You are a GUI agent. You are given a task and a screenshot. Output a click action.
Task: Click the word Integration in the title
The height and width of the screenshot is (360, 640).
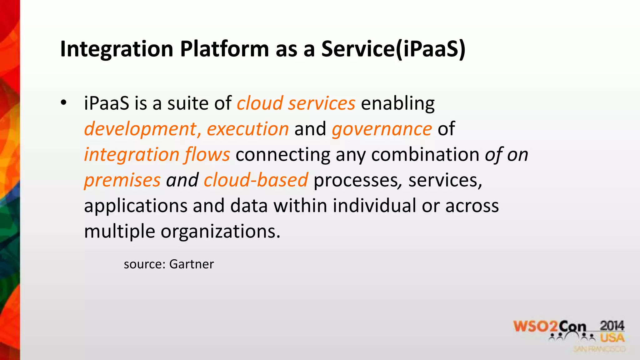(x=117, y=49)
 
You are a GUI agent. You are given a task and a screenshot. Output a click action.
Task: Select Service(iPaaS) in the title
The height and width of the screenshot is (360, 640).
(x=393, y=49)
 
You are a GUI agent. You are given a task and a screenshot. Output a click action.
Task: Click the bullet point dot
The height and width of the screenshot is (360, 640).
(x=64, y=102)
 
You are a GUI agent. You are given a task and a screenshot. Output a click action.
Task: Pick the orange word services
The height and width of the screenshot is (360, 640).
(x=322, y=104)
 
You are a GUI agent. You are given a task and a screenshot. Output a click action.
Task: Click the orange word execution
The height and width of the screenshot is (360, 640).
(x=247, y=129)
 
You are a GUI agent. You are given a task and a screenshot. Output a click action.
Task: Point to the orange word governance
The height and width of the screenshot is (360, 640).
(x=382, y=129)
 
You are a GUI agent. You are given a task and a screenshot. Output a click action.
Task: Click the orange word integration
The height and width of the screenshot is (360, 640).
(x=132, y=155)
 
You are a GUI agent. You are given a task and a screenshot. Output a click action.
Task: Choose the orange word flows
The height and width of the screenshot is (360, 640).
(x=207, y=155)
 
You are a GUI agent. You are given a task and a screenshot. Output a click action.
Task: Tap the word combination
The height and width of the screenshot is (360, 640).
(x=425, y=154)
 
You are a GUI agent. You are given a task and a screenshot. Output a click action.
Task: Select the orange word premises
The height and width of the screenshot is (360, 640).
(x=122, y=181)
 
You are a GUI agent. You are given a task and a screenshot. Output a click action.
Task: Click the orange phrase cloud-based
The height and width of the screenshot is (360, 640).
(x=256, y=180)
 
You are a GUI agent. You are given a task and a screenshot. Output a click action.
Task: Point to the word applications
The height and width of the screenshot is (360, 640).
(x=136, y=206)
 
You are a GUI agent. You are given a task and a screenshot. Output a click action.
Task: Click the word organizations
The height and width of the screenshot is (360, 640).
(x=220, y=232)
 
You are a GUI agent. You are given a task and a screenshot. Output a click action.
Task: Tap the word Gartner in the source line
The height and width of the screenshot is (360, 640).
(x=191, y=264)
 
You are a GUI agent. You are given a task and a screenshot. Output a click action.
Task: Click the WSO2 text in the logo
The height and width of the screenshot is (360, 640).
(x=535, y=326)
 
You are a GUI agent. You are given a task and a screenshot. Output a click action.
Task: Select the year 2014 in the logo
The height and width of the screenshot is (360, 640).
(x=612, y=326)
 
